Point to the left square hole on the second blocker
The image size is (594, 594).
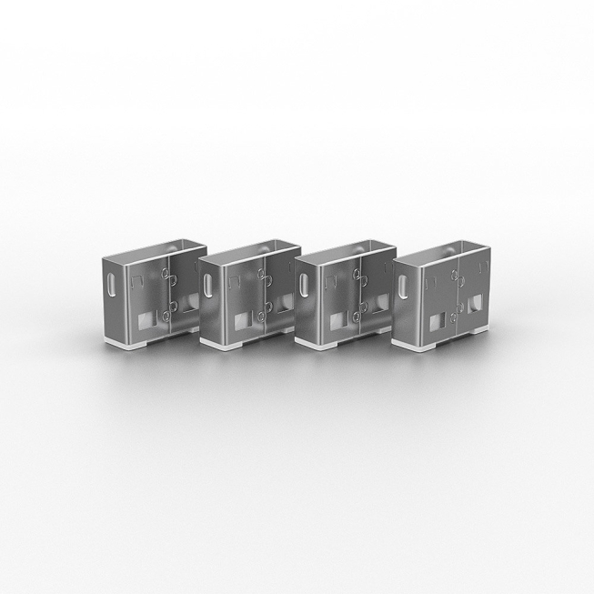coord(241,321)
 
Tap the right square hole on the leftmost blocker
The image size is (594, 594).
coord(188,303)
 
